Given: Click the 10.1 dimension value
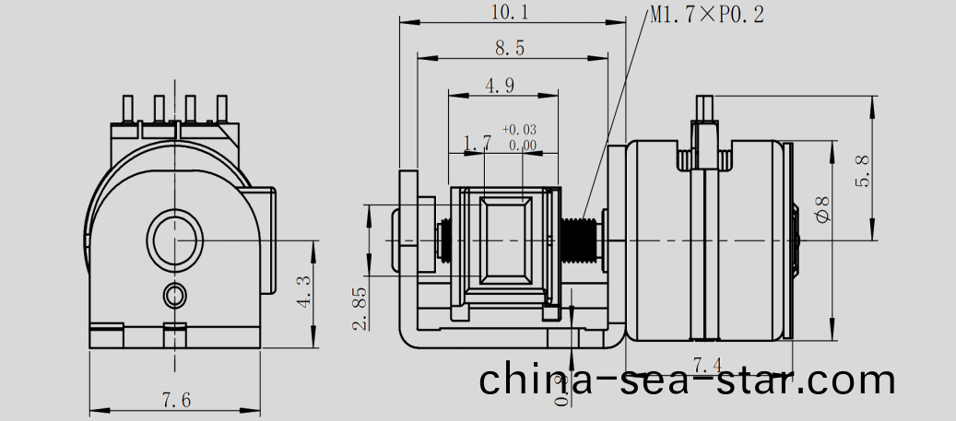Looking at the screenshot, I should [x=512, y=12].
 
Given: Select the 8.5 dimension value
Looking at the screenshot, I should [x=510, y=49].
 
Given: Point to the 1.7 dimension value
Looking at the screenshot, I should [x=477, y=144].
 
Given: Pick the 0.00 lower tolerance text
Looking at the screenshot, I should [x=522, y=145].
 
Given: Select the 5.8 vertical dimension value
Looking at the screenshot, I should [x=864, y=170].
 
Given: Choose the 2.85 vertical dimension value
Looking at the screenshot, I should [x=360, y=308].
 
